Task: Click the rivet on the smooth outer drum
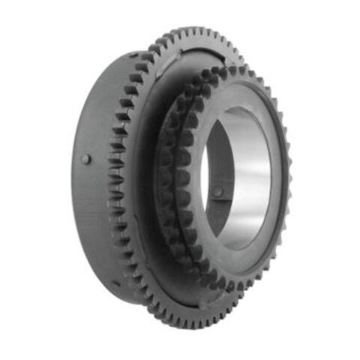pos(87,159)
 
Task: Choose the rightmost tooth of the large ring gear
pos(289,180)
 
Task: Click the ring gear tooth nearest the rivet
pos(114,160)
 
